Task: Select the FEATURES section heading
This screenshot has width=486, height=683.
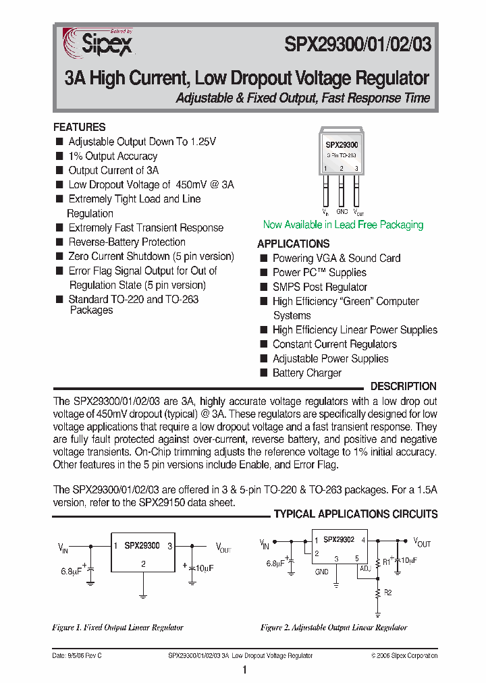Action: click(80, 127)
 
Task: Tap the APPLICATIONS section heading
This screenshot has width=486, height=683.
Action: click(293, 244)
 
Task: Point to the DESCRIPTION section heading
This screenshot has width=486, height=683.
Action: click(404, 386)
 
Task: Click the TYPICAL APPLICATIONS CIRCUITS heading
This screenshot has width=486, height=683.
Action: click(356, 514)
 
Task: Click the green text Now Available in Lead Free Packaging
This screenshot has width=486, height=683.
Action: click(343, 225)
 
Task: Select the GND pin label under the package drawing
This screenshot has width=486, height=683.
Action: click(342, 211)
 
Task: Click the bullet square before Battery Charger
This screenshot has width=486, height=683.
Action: click(264, 373)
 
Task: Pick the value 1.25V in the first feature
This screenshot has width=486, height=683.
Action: click(203, 142)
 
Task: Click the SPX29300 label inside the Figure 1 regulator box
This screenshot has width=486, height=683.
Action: click(142, 545)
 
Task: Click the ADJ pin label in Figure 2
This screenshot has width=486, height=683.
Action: click(365, 569)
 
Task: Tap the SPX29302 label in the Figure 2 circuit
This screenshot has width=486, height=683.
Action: click(338, 540)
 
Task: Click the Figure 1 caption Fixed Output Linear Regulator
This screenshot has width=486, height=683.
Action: click(117, 628)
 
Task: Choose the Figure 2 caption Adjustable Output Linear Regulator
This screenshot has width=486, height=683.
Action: click(333, 628)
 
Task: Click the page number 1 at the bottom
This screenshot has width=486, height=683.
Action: click(244, 670)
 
